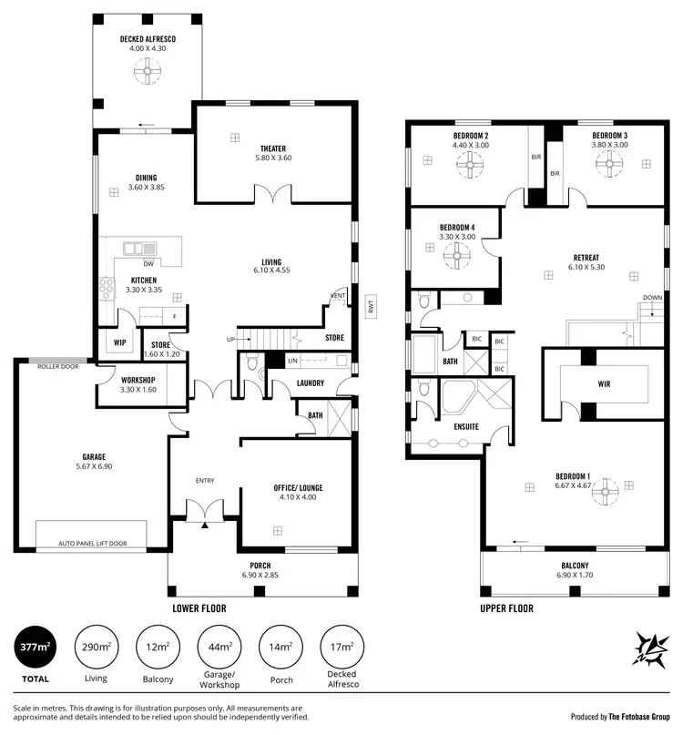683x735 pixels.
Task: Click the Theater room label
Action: pyautogui.click(x=272, y=148)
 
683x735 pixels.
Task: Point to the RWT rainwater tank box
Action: pyautogui.click(x=371, y=307)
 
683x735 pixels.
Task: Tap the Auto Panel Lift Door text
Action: pyautogui.click(x=93, y=543)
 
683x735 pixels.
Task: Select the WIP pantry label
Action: pyautogui.click(x=119, y=343)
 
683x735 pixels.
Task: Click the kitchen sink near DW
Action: pyautogui.click(x=141, y=248)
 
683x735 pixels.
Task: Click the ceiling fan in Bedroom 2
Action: pyautogui.click(x=471, y=165)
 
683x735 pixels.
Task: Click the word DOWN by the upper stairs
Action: pyautogui.click(x=652, y=298)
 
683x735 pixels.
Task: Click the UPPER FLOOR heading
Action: pyautogui.click(x=506, y=608)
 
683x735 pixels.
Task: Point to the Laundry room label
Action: pyautogui.click(x=310, y=383)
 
